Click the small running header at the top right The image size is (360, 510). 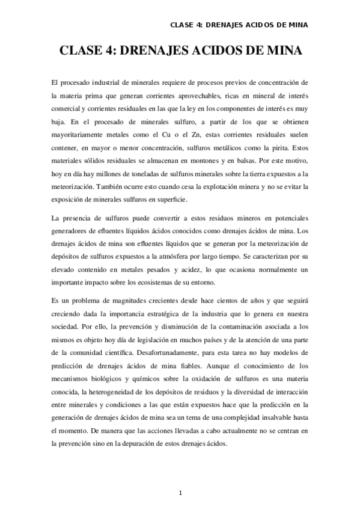pyautogui.click(x=239, y=25)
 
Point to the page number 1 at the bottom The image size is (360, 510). pyautogui.click(x=180, y=494)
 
